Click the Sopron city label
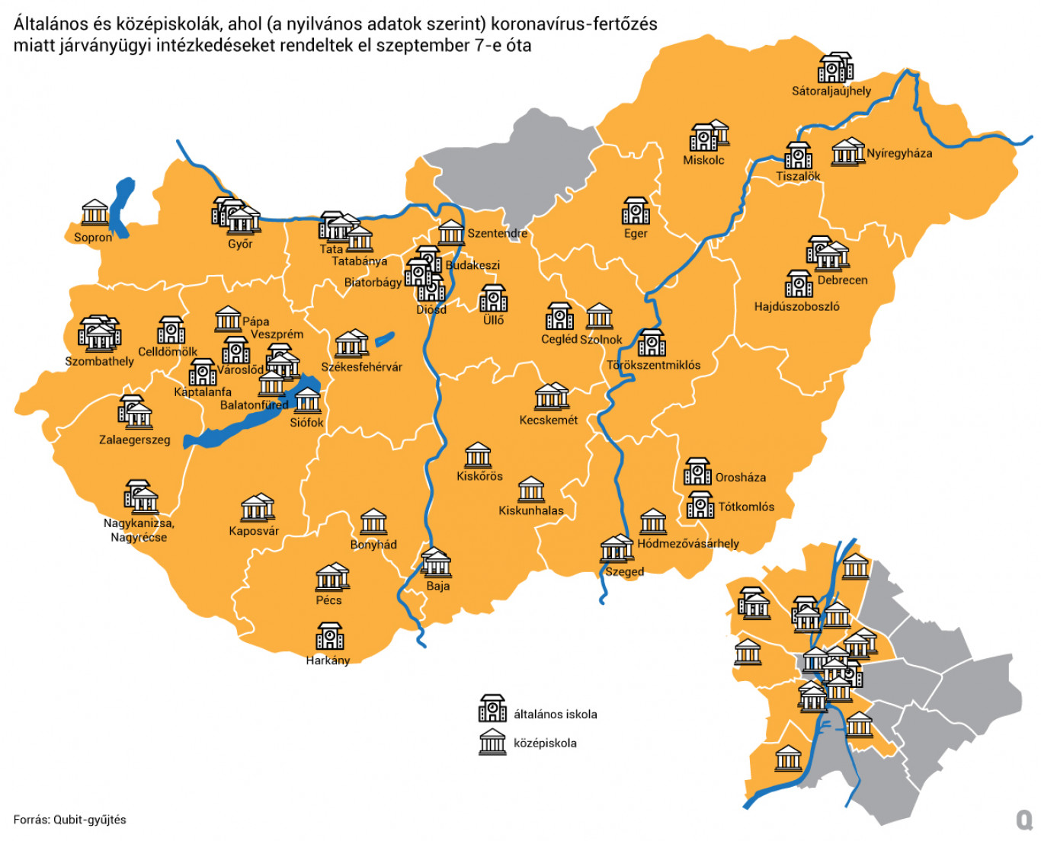(93, 238)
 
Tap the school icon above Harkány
(330, 636)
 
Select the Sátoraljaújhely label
(831, 91)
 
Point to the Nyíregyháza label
(899, 153)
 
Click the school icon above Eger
(636, 210)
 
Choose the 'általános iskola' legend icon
(492, 708)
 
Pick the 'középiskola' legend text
(545, 743)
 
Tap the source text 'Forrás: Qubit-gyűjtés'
(70, 820)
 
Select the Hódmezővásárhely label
(688, 544)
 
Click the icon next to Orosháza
(697, 472)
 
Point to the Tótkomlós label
(746, 507)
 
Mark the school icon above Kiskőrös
(479, 455)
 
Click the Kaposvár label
(254, 532)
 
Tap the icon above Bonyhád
(373, 522)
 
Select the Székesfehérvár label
(361, 367)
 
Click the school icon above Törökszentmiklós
(652, 343)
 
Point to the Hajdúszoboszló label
(796, 307)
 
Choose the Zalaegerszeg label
(135, 440)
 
